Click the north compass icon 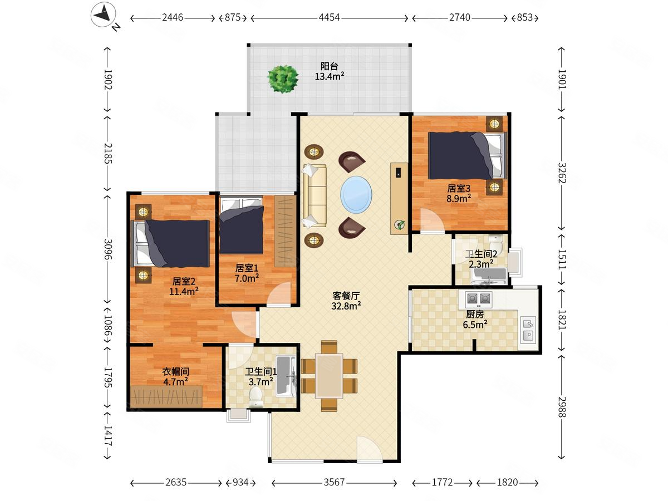tap(104, 15)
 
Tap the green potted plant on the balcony tap(283, 79)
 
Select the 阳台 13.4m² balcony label tap(330, 71)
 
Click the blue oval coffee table tap(356, 195)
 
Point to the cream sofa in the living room tap(315, 196)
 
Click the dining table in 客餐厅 tap(329, 376)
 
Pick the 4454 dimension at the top tap(329, 17)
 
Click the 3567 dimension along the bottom tap(334, 483)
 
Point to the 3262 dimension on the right tap(562, 173)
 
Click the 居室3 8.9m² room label tap(459, 194)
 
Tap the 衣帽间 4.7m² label tap(175, 376)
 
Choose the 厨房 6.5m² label tap(475, 319)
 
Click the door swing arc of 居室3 tap(432, 220)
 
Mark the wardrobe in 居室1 tap(285, 231)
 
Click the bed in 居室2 tap(170, 244)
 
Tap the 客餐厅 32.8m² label tap(346, 301)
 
